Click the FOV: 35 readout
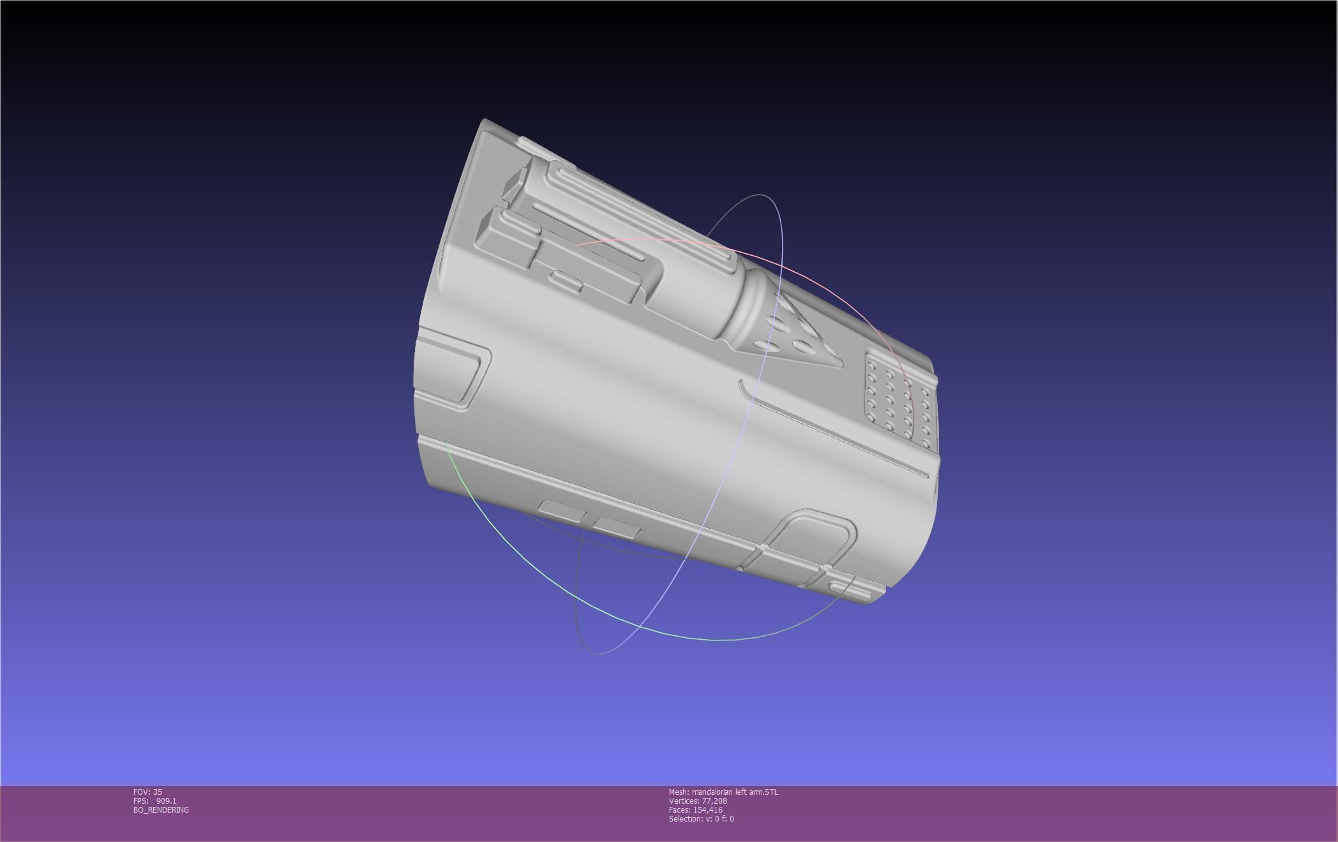147,792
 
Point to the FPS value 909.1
166,801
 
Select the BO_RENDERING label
161,810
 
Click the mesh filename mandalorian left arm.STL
735,792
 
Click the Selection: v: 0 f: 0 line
701,819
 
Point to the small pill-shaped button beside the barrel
566,280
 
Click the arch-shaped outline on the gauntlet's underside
811,536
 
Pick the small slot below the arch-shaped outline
849,590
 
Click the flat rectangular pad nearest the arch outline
617,528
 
